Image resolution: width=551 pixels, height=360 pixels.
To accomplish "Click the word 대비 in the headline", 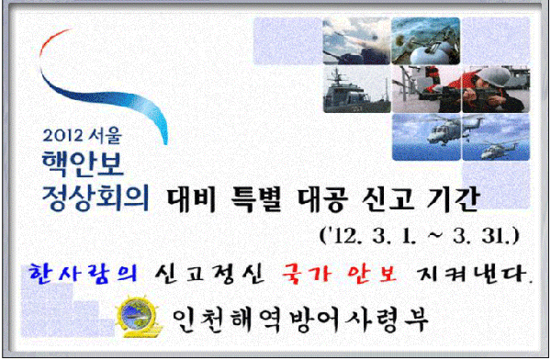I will pos(197,196).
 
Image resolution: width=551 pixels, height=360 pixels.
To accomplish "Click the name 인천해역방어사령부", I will pos(298,318).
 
